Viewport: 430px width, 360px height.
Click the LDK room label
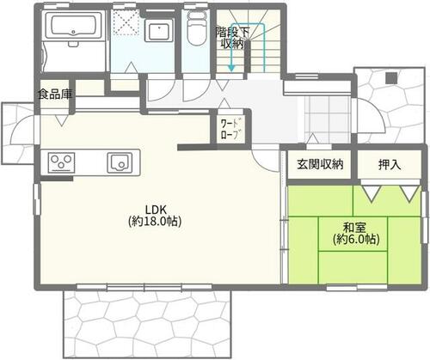pyautogui.click(x=156, y=210)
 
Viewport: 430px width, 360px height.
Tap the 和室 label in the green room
pyautogui.click(x=354, y=228)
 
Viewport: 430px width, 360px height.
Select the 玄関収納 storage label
pyautogui.click(x=320, y=164)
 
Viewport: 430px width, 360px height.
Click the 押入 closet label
pyautogui.click(x=390, y=165)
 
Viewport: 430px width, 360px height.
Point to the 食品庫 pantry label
pyautogui.click(x=55, y=94)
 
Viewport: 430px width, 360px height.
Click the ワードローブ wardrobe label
pyautogui.click(x=231, y=129)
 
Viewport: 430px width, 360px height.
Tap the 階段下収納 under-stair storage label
pyautogui.click(x=233, y=38)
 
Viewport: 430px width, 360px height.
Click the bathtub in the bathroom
pyautogui.click(x=74, y=24)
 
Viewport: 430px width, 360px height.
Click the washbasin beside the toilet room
pyautogui.click(x=159, y=30)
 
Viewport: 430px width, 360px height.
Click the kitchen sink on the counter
pyautogui.click(x=120, y=162)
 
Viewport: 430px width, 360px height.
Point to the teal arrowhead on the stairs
pyautogui.click(x=231, y=69)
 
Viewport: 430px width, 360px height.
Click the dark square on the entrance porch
pyautogui.click(x=391, y=78)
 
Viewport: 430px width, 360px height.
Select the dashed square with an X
pyautogui.click(x=125, y=22)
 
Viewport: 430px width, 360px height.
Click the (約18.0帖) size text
pyautogui.click(x=155, y=222)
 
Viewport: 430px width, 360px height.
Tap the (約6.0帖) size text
pyautogui.click(x=356, y=239)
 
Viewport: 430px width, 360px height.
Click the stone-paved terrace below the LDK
pyautogui.click(x=146, y=324)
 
